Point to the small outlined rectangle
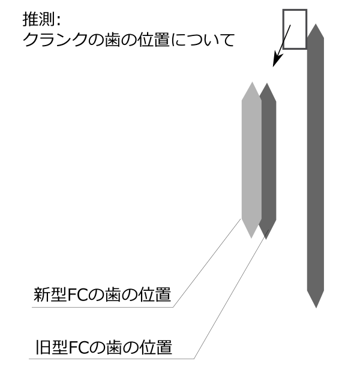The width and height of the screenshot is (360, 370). point(295,29)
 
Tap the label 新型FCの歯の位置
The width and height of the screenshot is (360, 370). point(103,295)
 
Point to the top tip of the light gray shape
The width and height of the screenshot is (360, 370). point(251,83)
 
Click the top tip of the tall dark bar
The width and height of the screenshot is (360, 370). point(316,25)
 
